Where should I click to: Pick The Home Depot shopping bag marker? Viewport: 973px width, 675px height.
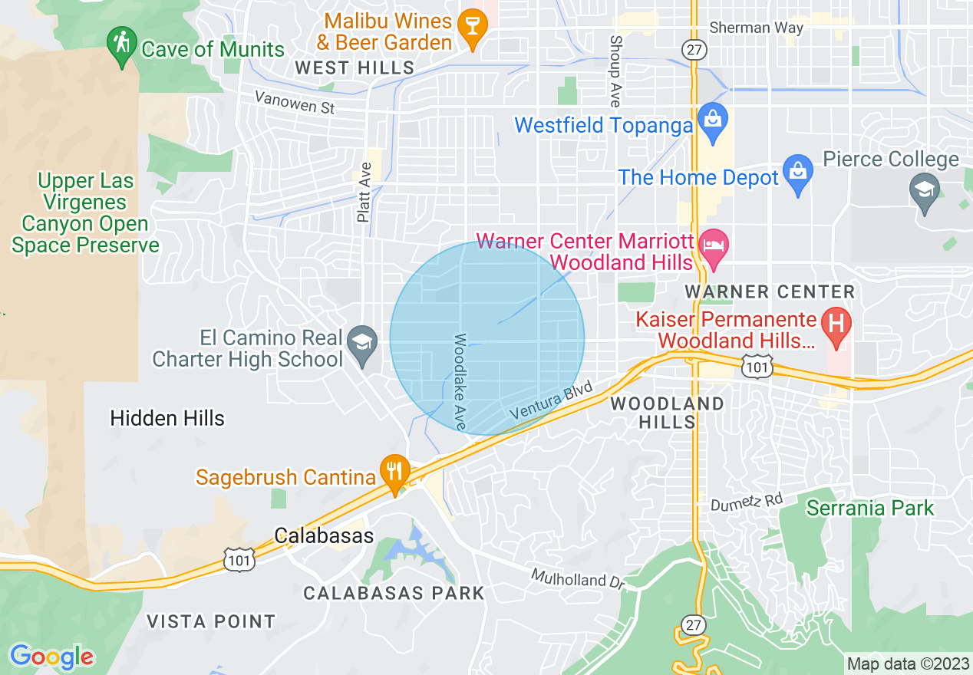tap(798, 174)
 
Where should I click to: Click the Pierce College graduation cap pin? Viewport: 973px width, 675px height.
tap(924, 192)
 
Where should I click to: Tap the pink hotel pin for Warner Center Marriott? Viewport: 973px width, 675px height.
tap(714, 249)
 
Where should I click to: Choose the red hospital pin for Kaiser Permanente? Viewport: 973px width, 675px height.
tap(836, 325)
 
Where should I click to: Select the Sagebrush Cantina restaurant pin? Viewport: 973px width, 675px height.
tap(395, 472)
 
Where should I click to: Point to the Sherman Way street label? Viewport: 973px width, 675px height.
tap(756, 28)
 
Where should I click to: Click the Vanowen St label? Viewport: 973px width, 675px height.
tap(295, 102)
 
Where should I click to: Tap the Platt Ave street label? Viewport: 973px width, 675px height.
tap(364, 193)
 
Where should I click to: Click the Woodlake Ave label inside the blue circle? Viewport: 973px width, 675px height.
tap(460, 380)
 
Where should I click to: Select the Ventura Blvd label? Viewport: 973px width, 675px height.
tap(551, 400)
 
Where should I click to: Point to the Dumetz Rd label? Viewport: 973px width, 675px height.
tap(746, 502)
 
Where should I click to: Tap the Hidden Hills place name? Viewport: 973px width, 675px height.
tap(167, 418)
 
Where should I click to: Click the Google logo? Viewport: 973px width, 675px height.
tap(51, 657)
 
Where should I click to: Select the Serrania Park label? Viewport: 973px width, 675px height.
tap(870, 508)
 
